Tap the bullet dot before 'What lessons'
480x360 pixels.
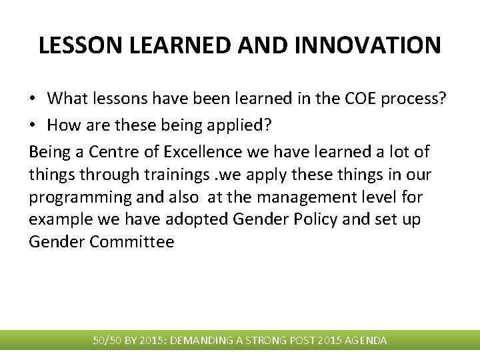tap(33, 99)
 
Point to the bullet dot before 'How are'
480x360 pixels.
tap(33, 123)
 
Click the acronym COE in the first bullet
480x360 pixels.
tap(360, 99)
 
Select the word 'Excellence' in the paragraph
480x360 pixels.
tap(201, 152)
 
